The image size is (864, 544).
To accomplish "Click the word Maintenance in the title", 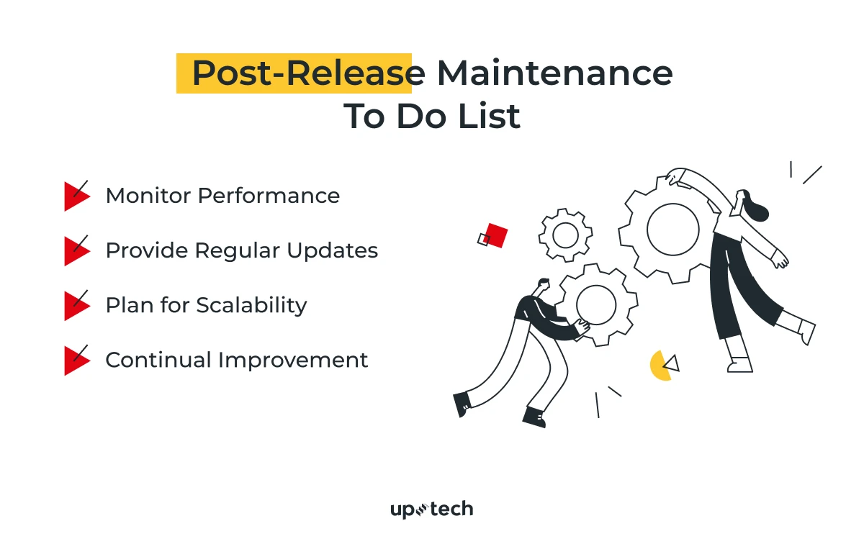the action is (x=554, y=73).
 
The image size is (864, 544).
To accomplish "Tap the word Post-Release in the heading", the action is (x=309, y=73).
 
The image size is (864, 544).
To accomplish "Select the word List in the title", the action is (x=489, y=116).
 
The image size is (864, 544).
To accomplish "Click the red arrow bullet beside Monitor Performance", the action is (x=77, y=196).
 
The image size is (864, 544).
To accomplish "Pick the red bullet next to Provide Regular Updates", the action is (x=77, y=251).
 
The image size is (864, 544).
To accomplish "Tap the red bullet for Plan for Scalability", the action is (x=77, y=306).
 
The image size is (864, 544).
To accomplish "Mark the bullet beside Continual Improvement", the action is (x=77, y=361).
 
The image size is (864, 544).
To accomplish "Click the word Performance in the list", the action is (x=269, y=196).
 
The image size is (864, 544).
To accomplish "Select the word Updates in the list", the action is (x=333, y=250).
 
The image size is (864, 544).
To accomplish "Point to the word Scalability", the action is (x=251, y=305).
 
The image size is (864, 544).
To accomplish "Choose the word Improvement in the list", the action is (x=293, y=360).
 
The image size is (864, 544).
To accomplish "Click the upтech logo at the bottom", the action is (x=431, y=509).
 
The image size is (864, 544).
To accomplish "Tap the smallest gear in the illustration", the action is (x=565, y=235).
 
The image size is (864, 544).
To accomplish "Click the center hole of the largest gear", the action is (x=673, y=230).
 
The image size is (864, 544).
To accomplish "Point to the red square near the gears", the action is (x=496, y=235).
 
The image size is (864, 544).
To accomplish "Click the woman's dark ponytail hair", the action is (x=755, y=207).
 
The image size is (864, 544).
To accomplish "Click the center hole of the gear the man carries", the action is (x=596, y=304).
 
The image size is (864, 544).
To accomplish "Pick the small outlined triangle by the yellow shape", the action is (x=672, y=364).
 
